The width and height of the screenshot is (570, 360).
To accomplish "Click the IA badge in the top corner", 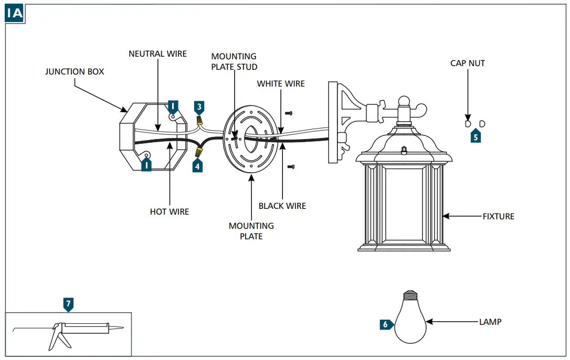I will [x=15, y=13].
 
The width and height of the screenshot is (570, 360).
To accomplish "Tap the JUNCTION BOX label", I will [x=75, y=71].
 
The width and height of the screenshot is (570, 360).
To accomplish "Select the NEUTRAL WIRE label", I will [x=157, y=54].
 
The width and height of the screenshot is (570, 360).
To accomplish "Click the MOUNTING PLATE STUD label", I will [x=234, y=61].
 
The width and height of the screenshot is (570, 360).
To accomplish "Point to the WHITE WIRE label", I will [x=281, y=83].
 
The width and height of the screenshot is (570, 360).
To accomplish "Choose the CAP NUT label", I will [x=468, y=63].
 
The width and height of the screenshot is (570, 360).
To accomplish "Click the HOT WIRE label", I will [x=170, y=211].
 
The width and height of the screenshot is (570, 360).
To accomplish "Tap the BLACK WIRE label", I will [x=282, y=206].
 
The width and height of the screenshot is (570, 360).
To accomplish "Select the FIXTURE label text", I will [x=499, y=216].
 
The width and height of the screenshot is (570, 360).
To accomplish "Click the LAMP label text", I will [x=490, y=322].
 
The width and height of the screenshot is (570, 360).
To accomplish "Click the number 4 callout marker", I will [x=197, y=166].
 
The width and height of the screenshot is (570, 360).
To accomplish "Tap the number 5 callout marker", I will [x=476, y=137].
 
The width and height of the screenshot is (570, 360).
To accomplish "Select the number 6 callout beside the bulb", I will [x=385, y=324].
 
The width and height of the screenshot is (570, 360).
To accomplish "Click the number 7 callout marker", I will [x=69, y=303].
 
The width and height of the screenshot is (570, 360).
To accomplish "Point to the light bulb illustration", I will [x=410, y=317].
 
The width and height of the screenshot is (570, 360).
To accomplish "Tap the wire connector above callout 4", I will [x=199, y=152].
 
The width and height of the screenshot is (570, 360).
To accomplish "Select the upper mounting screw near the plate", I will [x=288, y=113].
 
